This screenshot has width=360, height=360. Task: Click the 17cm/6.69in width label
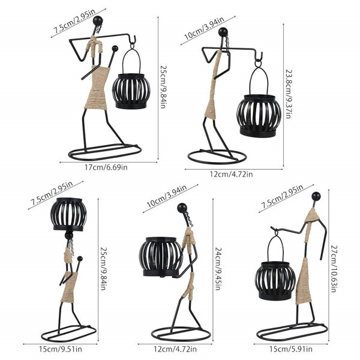point(106,167)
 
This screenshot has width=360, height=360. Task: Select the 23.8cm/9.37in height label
point(289,94)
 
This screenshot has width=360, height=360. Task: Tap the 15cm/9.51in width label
point(61,349)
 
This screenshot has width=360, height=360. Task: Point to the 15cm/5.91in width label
point(291,349)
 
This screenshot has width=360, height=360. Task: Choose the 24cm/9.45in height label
point(218,269)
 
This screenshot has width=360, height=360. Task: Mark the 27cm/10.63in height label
point(334,269)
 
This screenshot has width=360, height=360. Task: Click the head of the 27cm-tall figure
point(316,196)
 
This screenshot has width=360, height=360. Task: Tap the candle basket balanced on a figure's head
point(68,214)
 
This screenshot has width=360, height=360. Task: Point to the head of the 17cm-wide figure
point(98,21)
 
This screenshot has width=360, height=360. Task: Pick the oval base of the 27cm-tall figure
point(292,332)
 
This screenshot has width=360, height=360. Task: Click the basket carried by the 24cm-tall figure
point(161,257)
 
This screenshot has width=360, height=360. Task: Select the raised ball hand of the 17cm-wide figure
point(115,49)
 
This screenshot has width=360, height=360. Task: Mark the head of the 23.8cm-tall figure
point(223,32)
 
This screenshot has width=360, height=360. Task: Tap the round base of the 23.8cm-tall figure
point(217,157)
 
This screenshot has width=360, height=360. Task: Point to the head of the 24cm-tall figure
point(182,208)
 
